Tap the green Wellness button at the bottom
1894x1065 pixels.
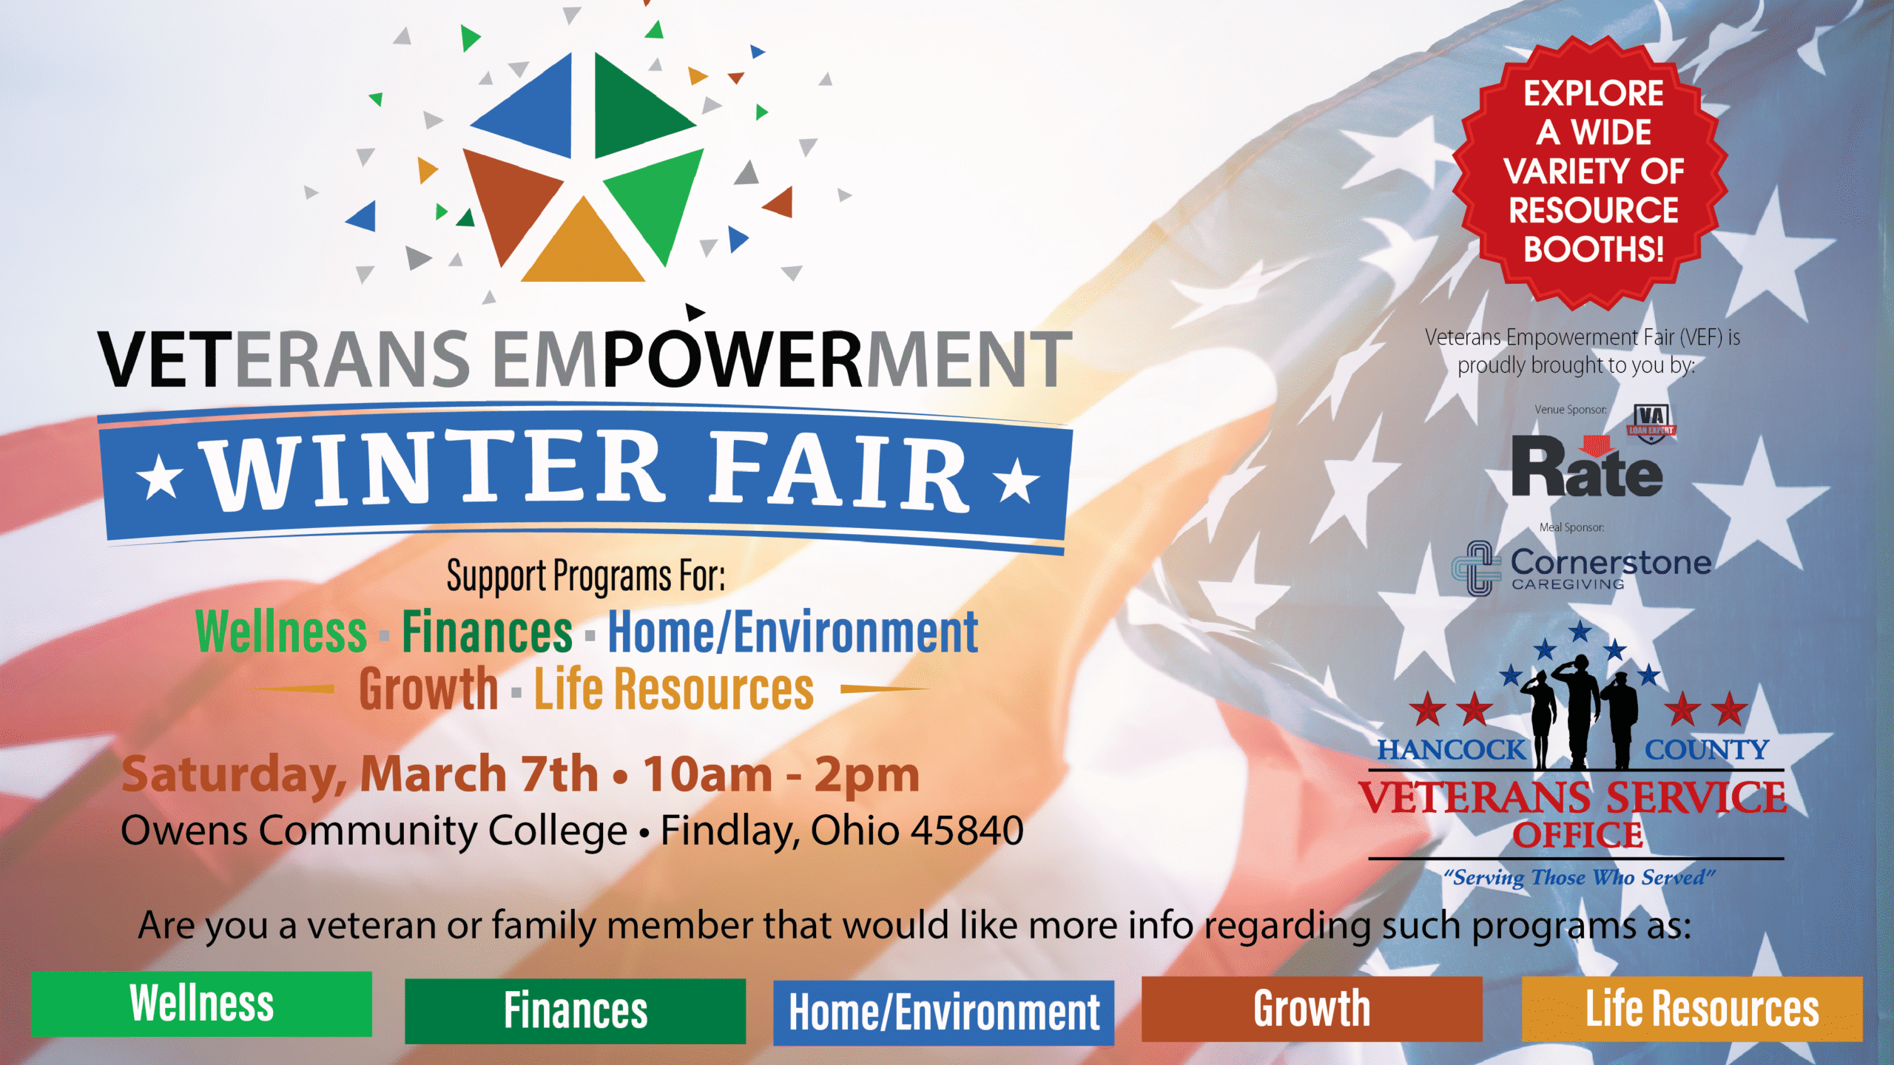coord(201,1004)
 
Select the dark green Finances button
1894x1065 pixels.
coord(575,1011)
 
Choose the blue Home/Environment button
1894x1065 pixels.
coord(943,1012)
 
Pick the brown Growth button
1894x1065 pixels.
coord(1312,1009)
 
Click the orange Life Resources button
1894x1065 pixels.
coord(1692,1009)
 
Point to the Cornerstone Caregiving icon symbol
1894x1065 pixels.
coord(1477,568)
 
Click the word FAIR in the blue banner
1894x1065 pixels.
coord(840,473)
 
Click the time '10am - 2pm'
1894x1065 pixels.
coord(781,774)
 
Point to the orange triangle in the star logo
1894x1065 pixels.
coord(583,240)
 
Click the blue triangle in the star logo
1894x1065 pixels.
coord(523,105)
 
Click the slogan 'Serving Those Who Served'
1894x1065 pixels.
coord(1579,877)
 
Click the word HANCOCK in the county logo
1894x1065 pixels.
coord(1451,750)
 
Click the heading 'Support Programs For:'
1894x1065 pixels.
coord(586,575)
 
